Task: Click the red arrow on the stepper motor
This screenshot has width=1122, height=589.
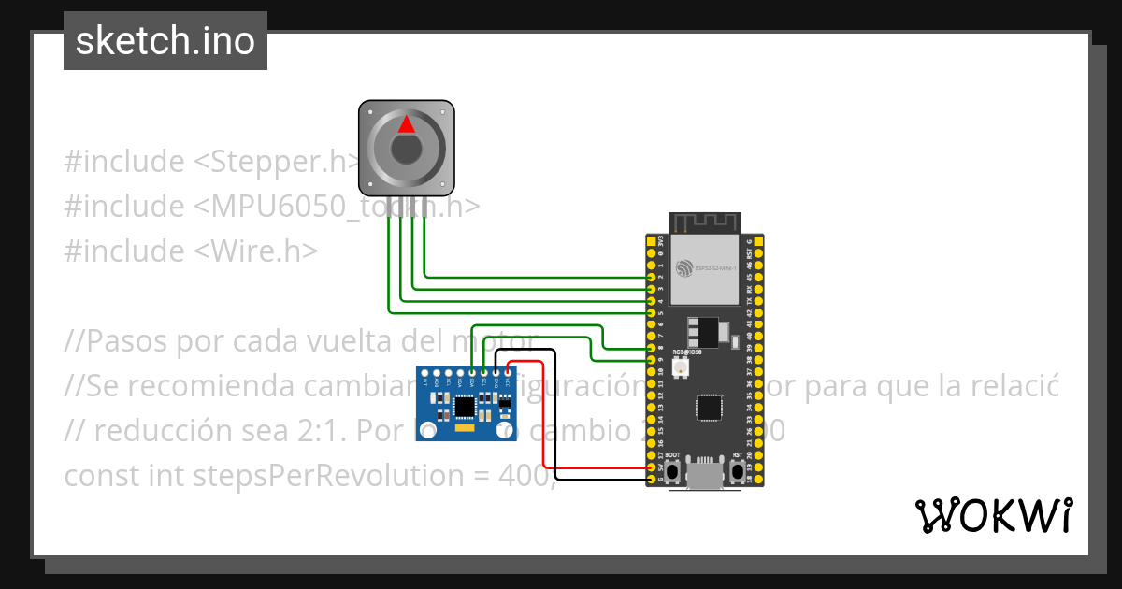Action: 406,124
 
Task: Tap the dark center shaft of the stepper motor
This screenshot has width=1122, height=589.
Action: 406,150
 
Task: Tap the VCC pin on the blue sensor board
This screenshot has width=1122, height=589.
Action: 507,373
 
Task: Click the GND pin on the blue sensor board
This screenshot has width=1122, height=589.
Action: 496,373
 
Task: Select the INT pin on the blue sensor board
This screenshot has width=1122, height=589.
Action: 426,373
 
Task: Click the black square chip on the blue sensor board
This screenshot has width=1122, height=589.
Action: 465,406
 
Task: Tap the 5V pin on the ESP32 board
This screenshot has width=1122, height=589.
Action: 652,467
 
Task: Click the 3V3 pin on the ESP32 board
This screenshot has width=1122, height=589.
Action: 652,242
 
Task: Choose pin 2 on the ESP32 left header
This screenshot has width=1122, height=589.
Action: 652,278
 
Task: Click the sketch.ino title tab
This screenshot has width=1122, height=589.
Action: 165,41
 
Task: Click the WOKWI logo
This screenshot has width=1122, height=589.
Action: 993,516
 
